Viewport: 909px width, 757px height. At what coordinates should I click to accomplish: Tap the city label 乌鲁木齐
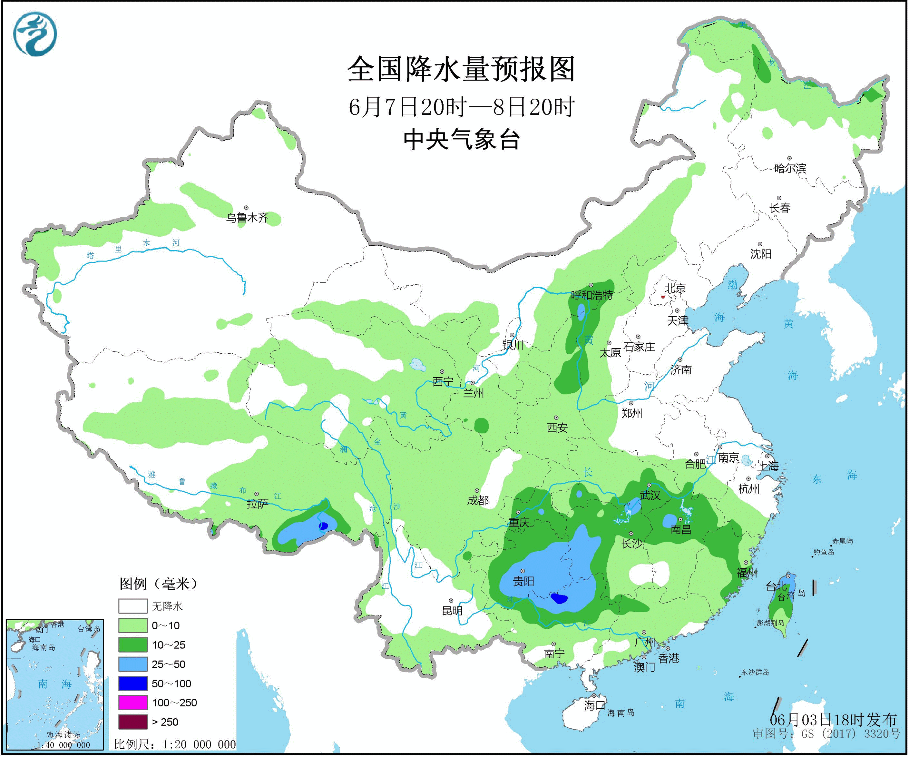click(x=247, y=218)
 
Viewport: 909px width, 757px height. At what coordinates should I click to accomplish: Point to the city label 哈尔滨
click(x=790, y=168)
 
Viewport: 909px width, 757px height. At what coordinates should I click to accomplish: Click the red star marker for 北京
click(x=663, y=297)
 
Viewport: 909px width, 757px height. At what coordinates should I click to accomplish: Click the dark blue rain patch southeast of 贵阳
click(x=559, y=599)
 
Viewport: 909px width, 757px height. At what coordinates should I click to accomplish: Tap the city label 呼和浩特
click(x=592, y=295)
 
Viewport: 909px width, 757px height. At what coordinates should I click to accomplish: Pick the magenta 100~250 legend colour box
click(x=133, y=703)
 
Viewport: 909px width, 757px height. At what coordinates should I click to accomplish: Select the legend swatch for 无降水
click(x=133, y=606)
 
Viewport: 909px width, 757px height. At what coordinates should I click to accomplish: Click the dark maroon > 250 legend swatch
click(x=133, y=722)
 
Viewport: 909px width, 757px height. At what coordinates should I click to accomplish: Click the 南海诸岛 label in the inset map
click(x=63, y=734)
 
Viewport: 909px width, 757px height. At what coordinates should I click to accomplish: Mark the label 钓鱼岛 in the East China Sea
click(x=823, y=552)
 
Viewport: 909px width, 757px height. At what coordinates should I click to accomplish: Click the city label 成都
click(x=478, y=501)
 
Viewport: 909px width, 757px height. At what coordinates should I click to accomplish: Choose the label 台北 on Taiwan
click(x=776, y=586)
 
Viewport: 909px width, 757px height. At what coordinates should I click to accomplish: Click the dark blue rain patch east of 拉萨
click(x=323, y=526)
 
